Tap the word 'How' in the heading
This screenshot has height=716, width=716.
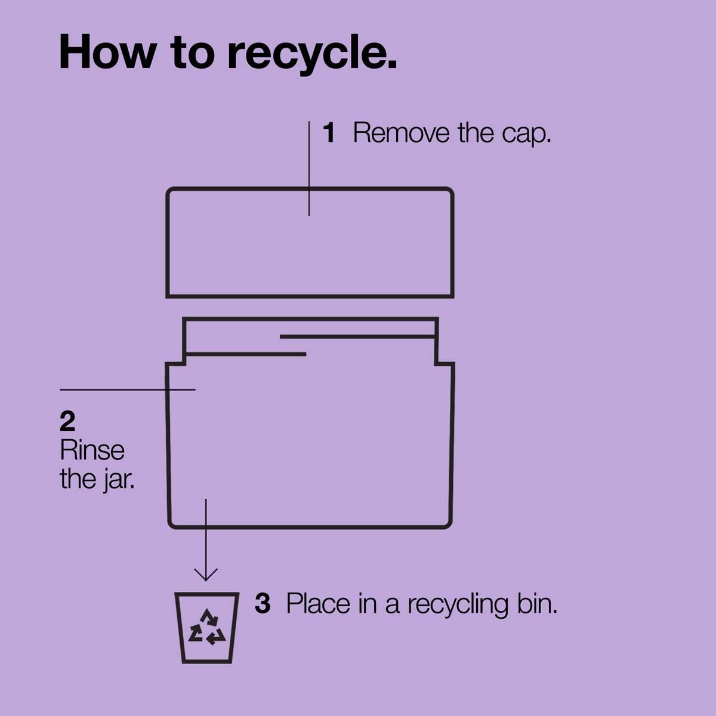click(x=107, y=51)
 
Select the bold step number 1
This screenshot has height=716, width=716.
click(x=329, y=132)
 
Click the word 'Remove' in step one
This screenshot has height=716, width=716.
click(x=401, y=132)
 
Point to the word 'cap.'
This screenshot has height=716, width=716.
click(x=526, y=134)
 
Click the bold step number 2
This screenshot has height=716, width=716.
click(x=67, y=421)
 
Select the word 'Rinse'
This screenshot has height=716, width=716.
click(x=92, y=450)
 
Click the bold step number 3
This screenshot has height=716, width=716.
click(x=263, y=604)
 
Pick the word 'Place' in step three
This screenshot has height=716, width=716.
click(x=318, y=604)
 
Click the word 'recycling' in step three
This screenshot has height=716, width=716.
click(x=458, y=606)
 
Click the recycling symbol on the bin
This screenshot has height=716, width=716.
click(x=207, y=628)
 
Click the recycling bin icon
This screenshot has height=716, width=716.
click(x=207, y=628)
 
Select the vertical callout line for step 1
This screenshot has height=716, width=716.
click(x=309, y=168)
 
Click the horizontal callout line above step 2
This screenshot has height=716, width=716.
click(x=128, y=390)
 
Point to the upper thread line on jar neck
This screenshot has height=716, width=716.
click(x=357, y=337)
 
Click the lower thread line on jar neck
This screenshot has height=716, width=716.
click(x=246, y=354)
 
